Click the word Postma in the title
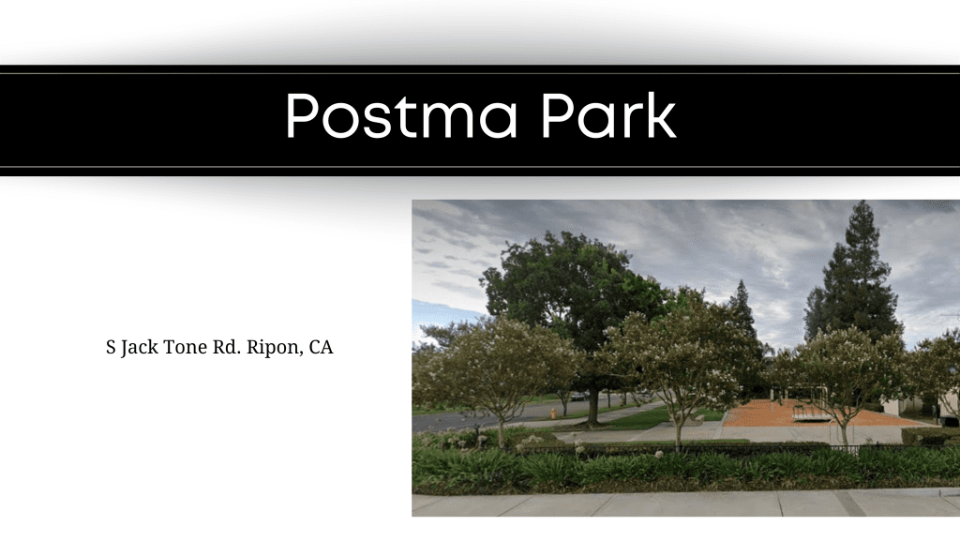point(401,115)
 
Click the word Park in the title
point(608,114)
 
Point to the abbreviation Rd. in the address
point(227,347)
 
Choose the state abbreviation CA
point(321,347)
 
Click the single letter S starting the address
point(111,347)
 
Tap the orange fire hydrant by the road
point(553,413)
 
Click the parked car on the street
point(577,396)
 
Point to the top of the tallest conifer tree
point(862,202)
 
